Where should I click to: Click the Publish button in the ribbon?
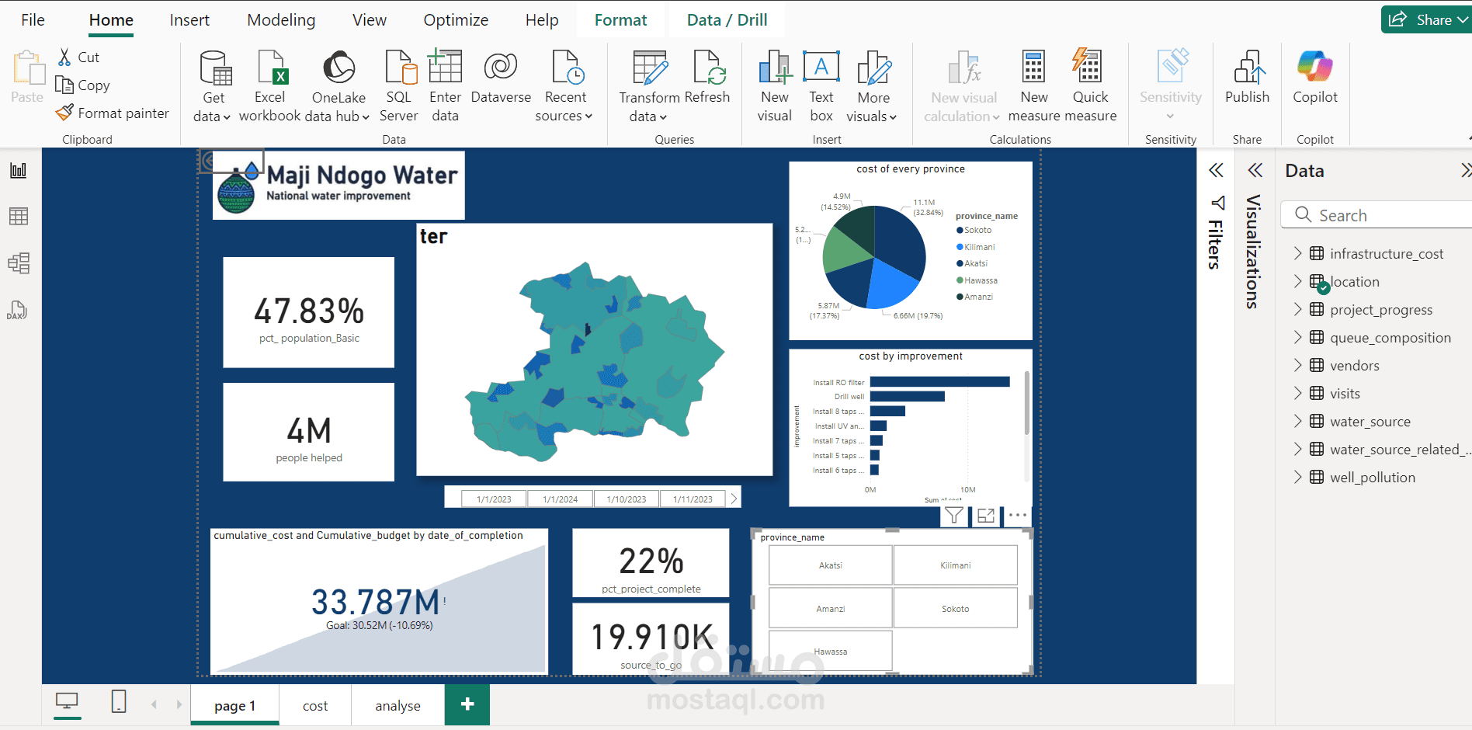[x=1247, y=77]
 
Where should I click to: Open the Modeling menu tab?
[x=281, y=20]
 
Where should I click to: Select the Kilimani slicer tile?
[x=955, y=565]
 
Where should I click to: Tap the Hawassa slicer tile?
[x=830, y=652]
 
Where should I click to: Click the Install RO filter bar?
[x=939, y=382]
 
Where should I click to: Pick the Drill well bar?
[x=907, y=397]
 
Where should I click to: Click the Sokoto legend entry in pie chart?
[x=977, y=231]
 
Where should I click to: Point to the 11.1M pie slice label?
[x=924, y=203]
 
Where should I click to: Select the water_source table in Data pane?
[x=1370, y=422]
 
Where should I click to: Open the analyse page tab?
[x=398, y=705]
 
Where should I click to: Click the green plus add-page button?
[x=467, y=704]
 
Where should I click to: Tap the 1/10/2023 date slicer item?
[x=626, y=499]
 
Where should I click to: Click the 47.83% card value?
[x=309, y=311]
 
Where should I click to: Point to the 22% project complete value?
[x=651, y=561]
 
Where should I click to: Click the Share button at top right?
[x=1425, y=20]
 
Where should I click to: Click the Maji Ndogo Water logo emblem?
[x=237, y=191]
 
